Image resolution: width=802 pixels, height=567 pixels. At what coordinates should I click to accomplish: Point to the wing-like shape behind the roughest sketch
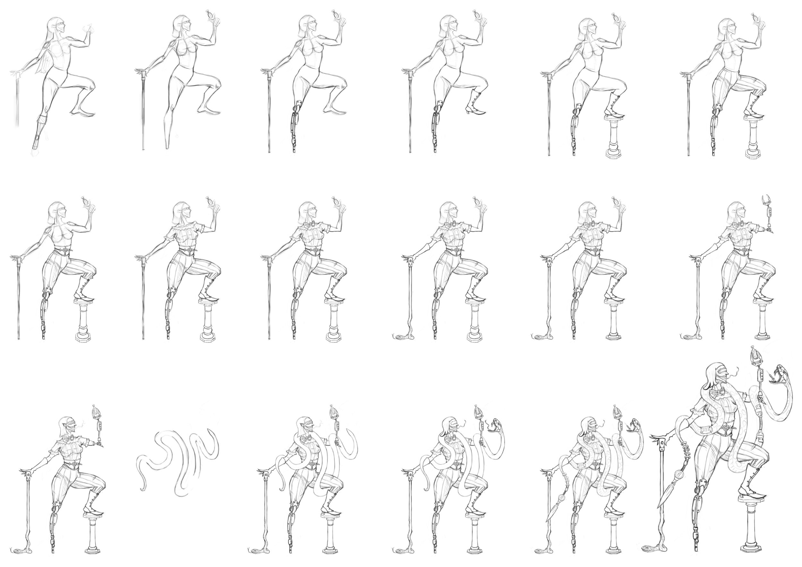(x=43, y=64)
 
